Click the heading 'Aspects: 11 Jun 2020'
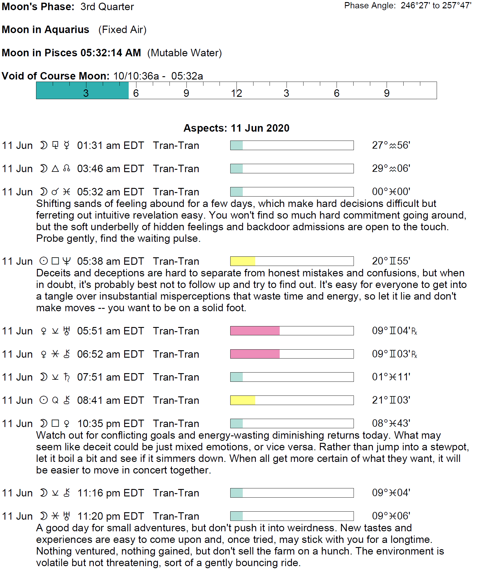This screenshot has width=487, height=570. click(x=236, y=128)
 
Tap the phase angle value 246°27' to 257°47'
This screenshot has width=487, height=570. click(x=436, y=6)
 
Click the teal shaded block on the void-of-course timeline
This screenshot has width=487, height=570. click(x=82, y=90)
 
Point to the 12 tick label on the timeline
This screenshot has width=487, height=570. click(x=237, y=94)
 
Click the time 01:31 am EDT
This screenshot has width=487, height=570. click(x=110, y=145)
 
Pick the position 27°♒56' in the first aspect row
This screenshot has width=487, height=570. click(x=391, y=145)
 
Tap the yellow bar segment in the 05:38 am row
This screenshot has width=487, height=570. click(x=243, y=261)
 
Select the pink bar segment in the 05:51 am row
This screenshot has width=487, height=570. click(x=255, y=331)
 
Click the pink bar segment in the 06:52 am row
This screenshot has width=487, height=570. click(x=255, y=354)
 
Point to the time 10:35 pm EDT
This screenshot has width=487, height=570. click(x=111, y=423)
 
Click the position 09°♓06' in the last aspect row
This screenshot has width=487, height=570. click(x=391, y=516)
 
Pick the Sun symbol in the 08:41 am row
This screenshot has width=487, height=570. click(x=44, y=400)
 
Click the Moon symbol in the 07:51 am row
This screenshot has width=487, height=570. click(x=44, y=377)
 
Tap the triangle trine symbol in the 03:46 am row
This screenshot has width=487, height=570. click(x=55, y=169)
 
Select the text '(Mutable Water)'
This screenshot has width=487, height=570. click(x=184, y=53)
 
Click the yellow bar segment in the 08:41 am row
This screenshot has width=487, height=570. click(x=243, y=400)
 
